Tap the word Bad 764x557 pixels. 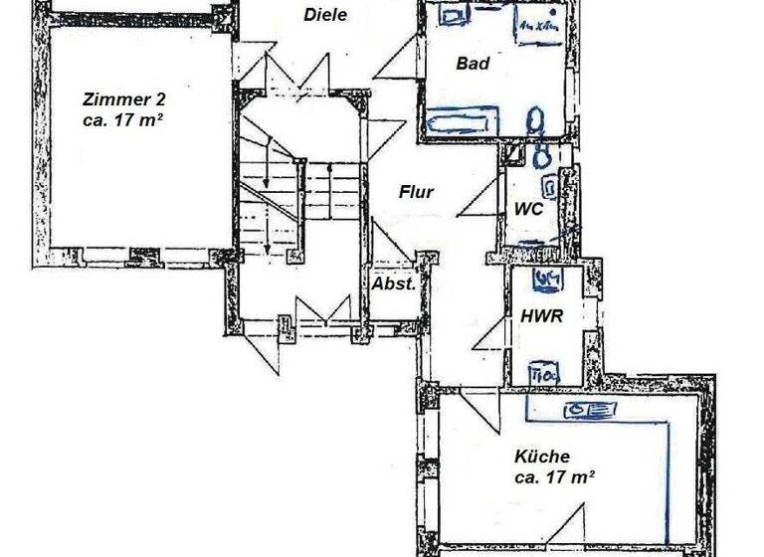473,64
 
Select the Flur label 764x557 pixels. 416,192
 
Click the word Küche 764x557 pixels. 542,457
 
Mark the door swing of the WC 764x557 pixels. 480,199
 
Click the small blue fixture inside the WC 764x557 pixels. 548,185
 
